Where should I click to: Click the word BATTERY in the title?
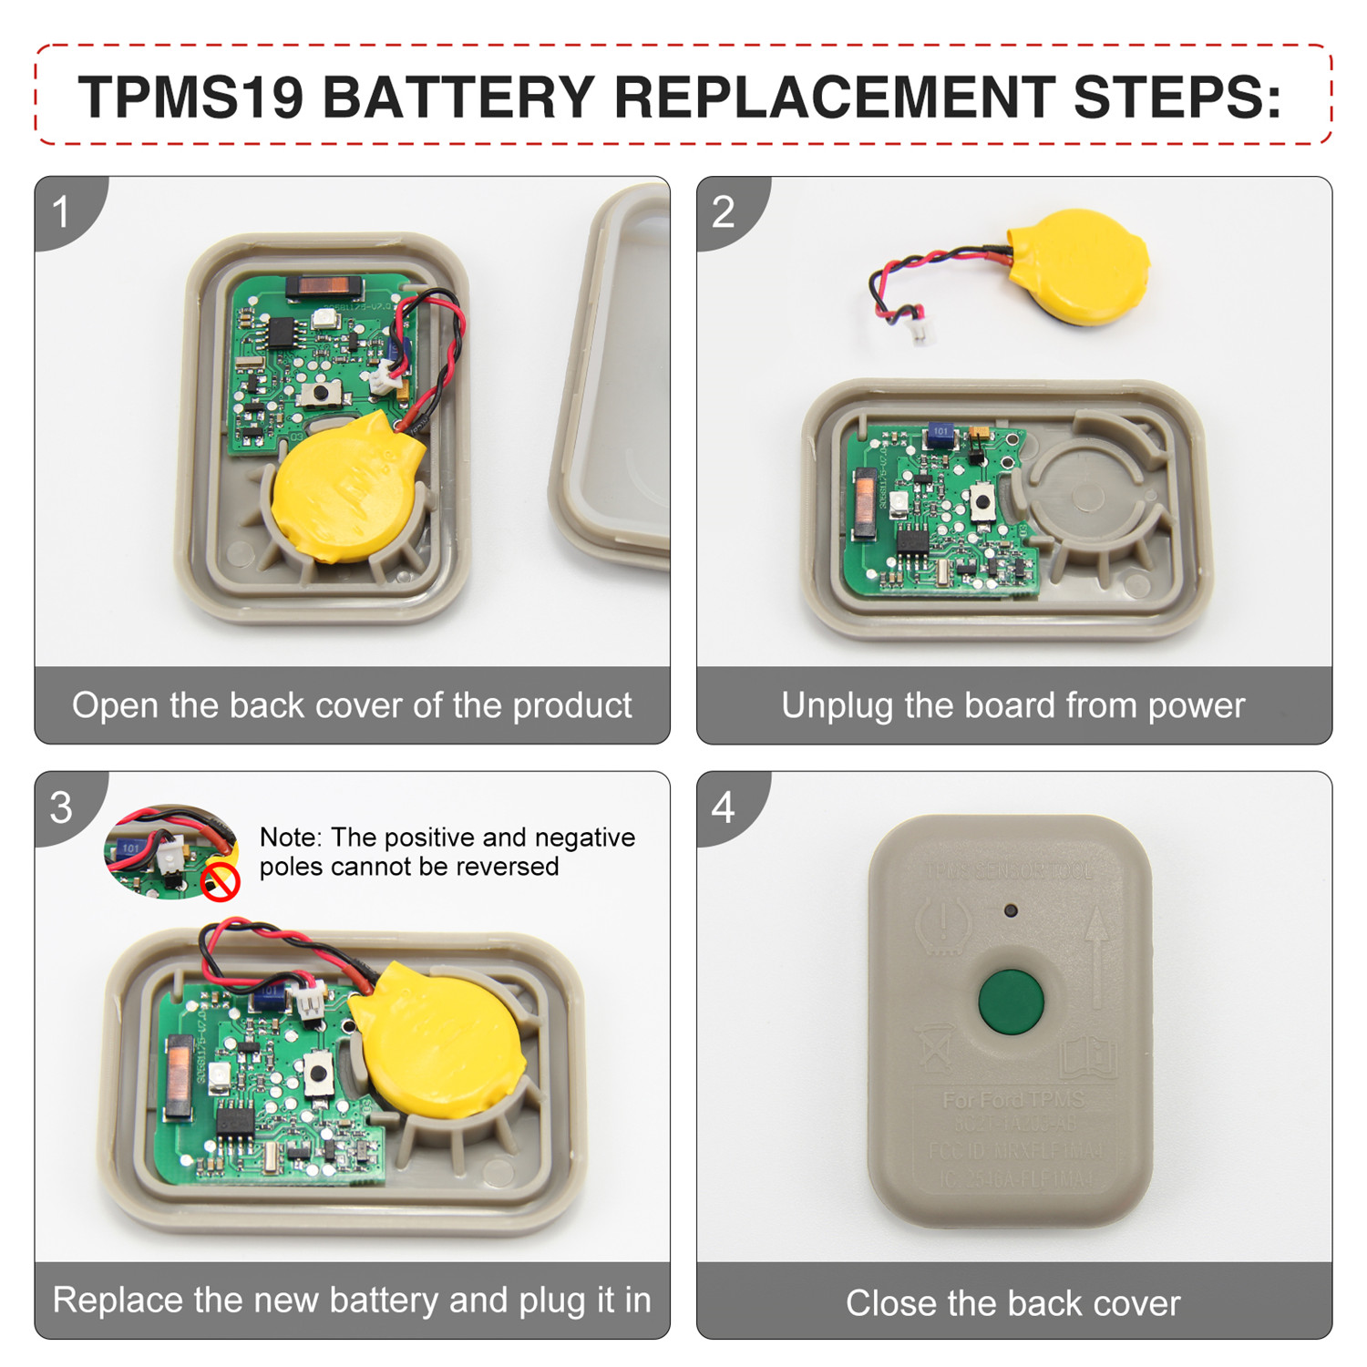point(458,97)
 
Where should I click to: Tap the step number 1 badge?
point(61,212)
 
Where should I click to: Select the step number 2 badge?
point(723,212)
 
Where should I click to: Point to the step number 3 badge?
point(61,807)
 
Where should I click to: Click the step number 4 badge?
point(723,807)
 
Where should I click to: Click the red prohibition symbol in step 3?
point(220,881)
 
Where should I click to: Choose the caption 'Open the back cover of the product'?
point(352,705)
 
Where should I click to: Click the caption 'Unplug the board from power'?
point(1012,705)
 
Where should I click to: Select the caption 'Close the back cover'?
point(1012,1302)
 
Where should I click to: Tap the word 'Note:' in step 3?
point(291,837)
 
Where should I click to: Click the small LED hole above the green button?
point(1010,910)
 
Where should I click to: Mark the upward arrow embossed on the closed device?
point(1098,957)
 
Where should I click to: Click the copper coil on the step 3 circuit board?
point(178,1075)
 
